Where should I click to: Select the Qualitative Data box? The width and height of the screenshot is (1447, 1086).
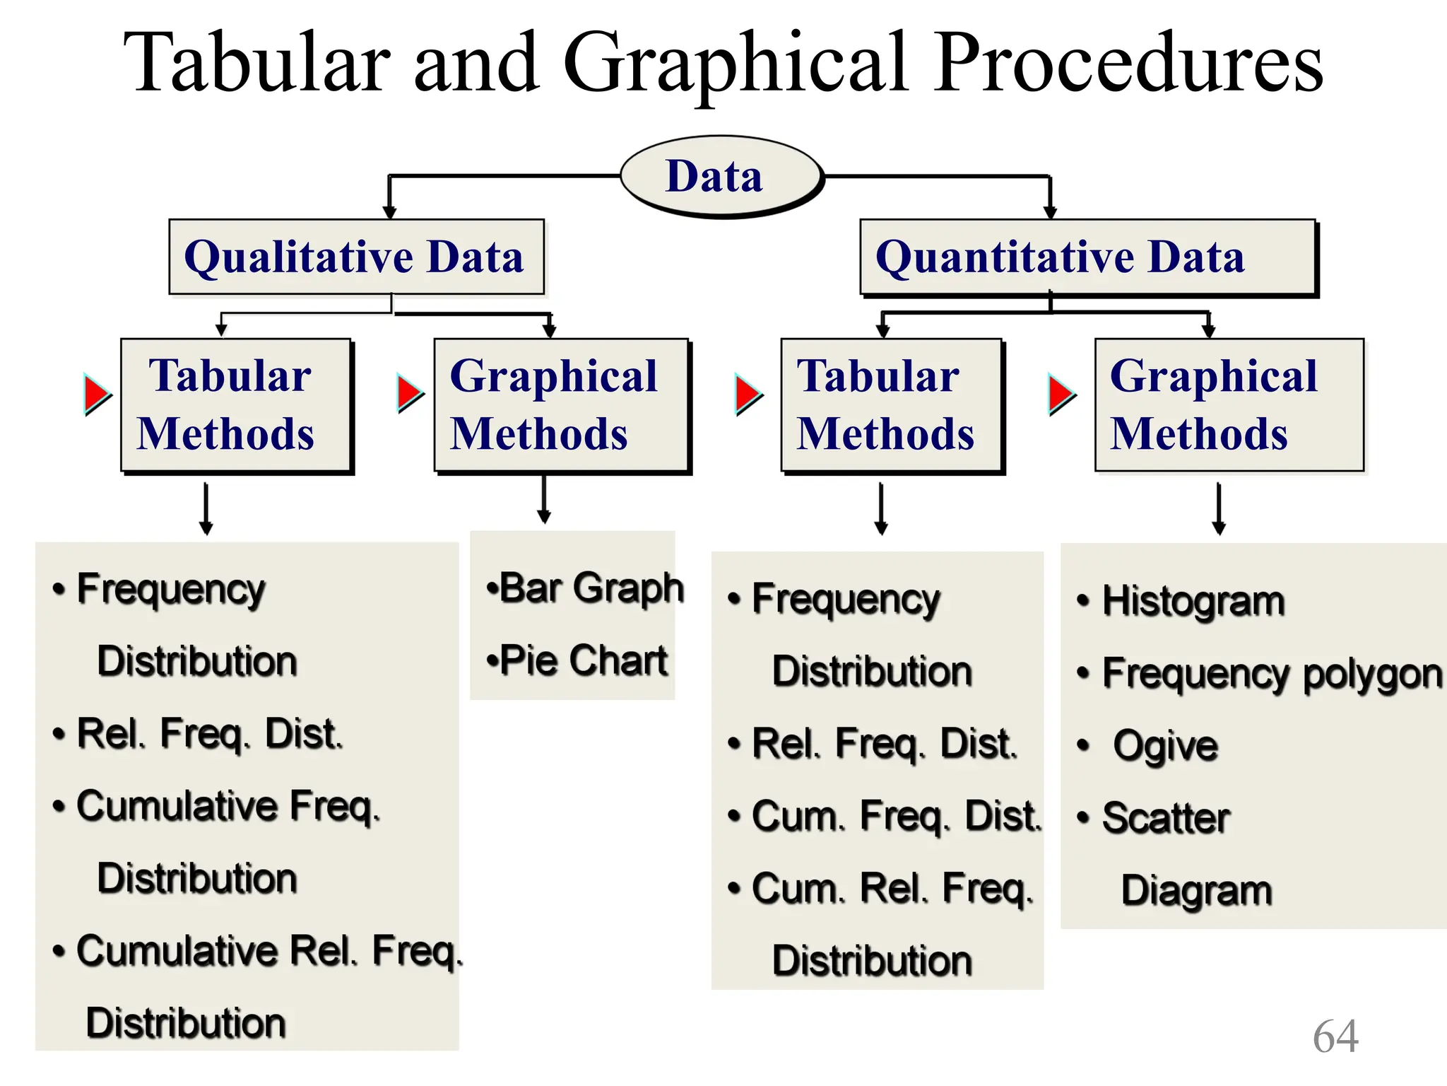(356, 257)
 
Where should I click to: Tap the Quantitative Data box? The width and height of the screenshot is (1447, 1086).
(1087, 257)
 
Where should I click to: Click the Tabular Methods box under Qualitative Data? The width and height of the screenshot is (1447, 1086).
(235, 404)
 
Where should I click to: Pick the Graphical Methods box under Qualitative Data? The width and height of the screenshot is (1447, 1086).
(560, 404)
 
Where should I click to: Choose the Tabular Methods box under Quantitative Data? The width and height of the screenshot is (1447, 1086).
(890, 404)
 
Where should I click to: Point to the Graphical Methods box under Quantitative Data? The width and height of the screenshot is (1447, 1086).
(1228, 404)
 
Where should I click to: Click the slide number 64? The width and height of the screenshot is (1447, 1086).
(1335, 1037)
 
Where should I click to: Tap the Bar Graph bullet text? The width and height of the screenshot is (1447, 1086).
(585, 588)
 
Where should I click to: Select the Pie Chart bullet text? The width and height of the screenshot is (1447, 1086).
(577, 660)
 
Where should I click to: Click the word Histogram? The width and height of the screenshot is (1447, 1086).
(1193, 602)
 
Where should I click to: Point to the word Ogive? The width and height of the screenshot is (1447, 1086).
(1165, 746)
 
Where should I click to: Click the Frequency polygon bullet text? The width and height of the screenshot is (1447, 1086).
(1271, 674)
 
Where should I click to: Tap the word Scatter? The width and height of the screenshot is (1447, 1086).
(1166, 818)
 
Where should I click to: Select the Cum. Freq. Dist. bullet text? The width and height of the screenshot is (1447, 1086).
(896, 817)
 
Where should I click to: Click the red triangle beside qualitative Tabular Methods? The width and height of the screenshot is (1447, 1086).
(97, 394)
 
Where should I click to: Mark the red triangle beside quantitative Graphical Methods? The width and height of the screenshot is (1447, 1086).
(1061, 394)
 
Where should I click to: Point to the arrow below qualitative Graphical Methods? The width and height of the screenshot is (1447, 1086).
(543, 500)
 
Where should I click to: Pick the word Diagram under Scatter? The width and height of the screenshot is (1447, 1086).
(1196, 890)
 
